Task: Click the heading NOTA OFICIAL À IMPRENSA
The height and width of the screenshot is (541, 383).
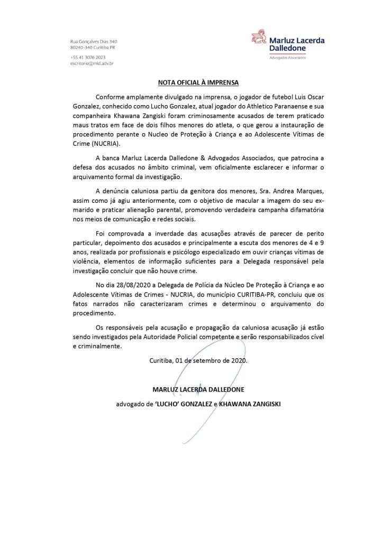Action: [x=191, y=83]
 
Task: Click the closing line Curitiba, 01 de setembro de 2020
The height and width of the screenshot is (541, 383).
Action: [x=198, y=361]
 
